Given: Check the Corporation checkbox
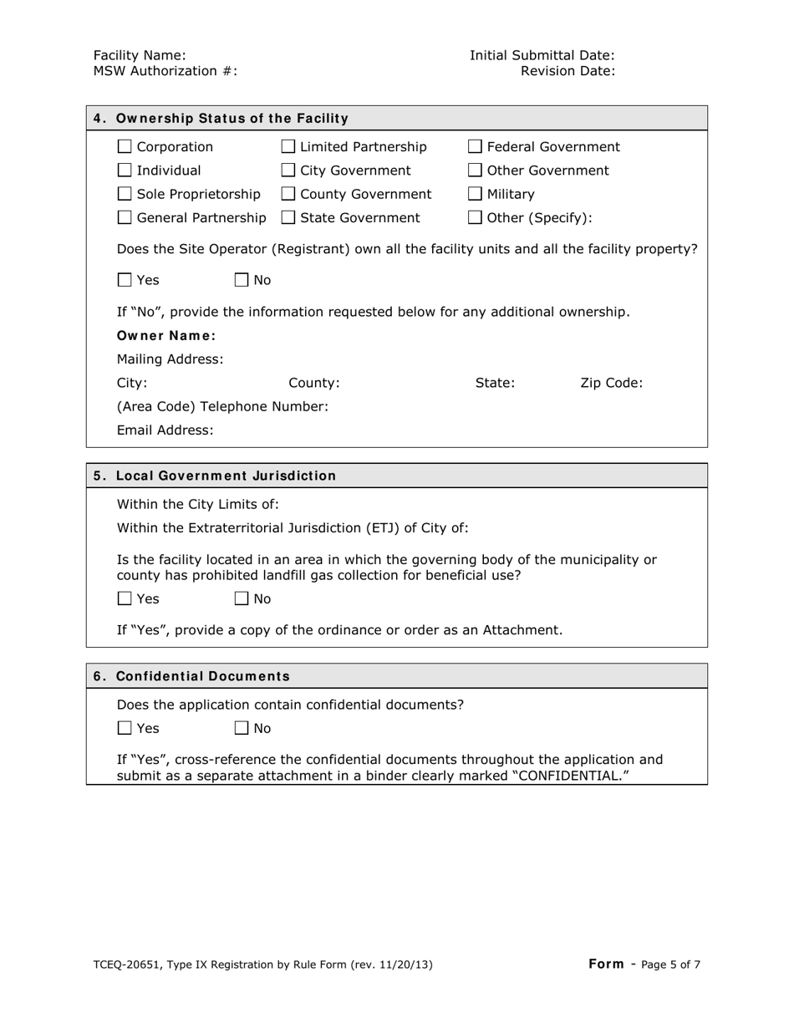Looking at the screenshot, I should [x=125, y=148].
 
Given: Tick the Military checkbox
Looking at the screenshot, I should [x=475, y=195].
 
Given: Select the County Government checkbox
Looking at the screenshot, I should [x=288, y=195].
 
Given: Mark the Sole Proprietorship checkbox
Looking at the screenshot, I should [x=125, y=195].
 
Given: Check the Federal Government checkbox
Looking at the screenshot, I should [x=475, y=148].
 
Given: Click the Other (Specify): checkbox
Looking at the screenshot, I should [x=475, y=218].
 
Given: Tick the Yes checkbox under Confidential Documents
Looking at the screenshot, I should [x=125, y=729].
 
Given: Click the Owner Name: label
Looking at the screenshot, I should [x=166, y=336].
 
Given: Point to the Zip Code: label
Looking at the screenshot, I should [x=611, y=384].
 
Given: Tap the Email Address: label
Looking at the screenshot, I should [x=165, y=430].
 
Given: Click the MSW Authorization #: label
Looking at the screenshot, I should [x=165, y=71].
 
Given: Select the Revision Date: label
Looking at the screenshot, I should [x=568, y=71].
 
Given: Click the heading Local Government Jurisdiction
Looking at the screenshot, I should [x=226, y=476].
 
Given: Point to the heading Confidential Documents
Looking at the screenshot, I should [x=203, y=676].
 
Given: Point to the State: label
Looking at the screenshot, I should [x=495, y=384].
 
